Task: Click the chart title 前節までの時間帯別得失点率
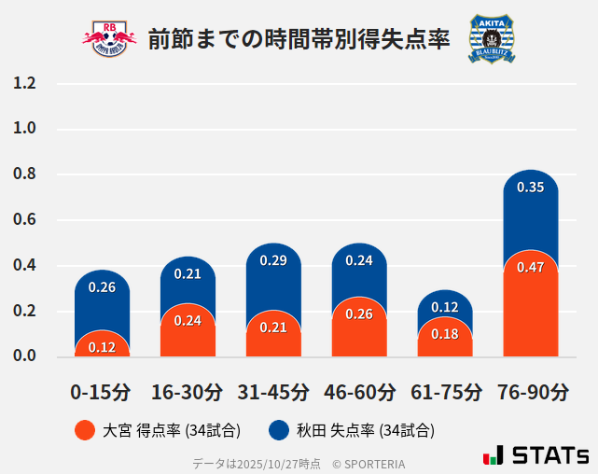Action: (x=299, y=38)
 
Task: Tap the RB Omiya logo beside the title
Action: (x=109, y=38)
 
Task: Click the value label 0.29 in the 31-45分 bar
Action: (x=273, y=260)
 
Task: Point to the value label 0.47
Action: (x=531, y=268)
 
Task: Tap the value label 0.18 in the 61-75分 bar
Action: (x=445, y=334)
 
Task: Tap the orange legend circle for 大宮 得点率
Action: (x=84, y=430)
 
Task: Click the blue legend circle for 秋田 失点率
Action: (x=278, y=430)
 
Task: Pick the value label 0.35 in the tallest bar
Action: (x=531, y=188)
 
